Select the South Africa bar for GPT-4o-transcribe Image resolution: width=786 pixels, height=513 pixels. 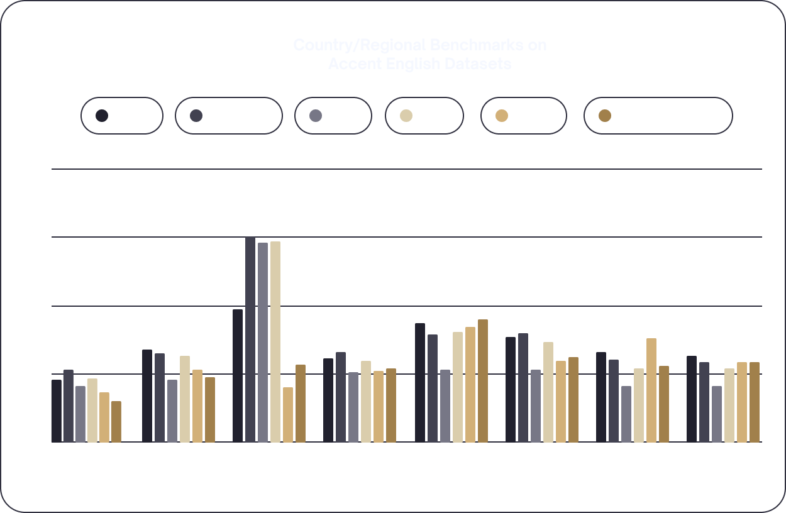(x=250, y=339)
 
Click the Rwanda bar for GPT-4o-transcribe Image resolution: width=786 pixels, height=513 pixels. (x=288, y=414)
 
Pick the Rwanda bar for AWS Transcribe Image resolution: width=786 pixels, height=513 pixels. (x=651, y=390)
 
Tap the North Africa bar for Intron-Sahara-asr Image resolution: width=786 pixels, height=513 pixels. (x=116, y=421)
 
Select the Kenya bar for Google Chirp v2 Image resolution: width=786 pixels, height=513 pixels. (x=445, y=405)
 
